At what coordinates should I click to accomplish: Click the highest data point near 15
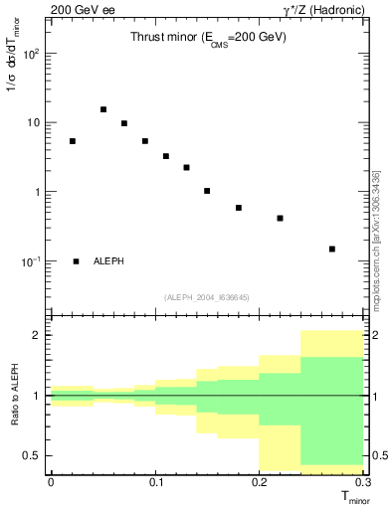[x=103, y=109]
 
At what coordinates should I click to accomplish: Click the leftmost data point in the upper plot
[x=73, y=141]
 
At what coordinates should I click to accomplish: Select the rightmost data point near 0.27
[x=332, y=249]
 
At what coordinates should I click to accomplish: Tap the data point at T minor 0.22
[x=281, y=218]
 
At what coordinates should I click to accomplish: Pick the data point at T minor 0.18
[x=239, y=208]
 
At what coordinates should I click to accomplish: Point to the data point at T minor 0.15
[x=207, y=191]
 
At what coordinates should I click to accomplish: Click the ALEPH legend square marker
[x=77, y=261]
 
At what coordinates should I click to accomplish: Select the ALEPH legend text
[x=109, y=261]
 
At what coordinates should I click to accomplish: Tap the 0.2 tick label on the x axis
[x=260, y=482]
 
